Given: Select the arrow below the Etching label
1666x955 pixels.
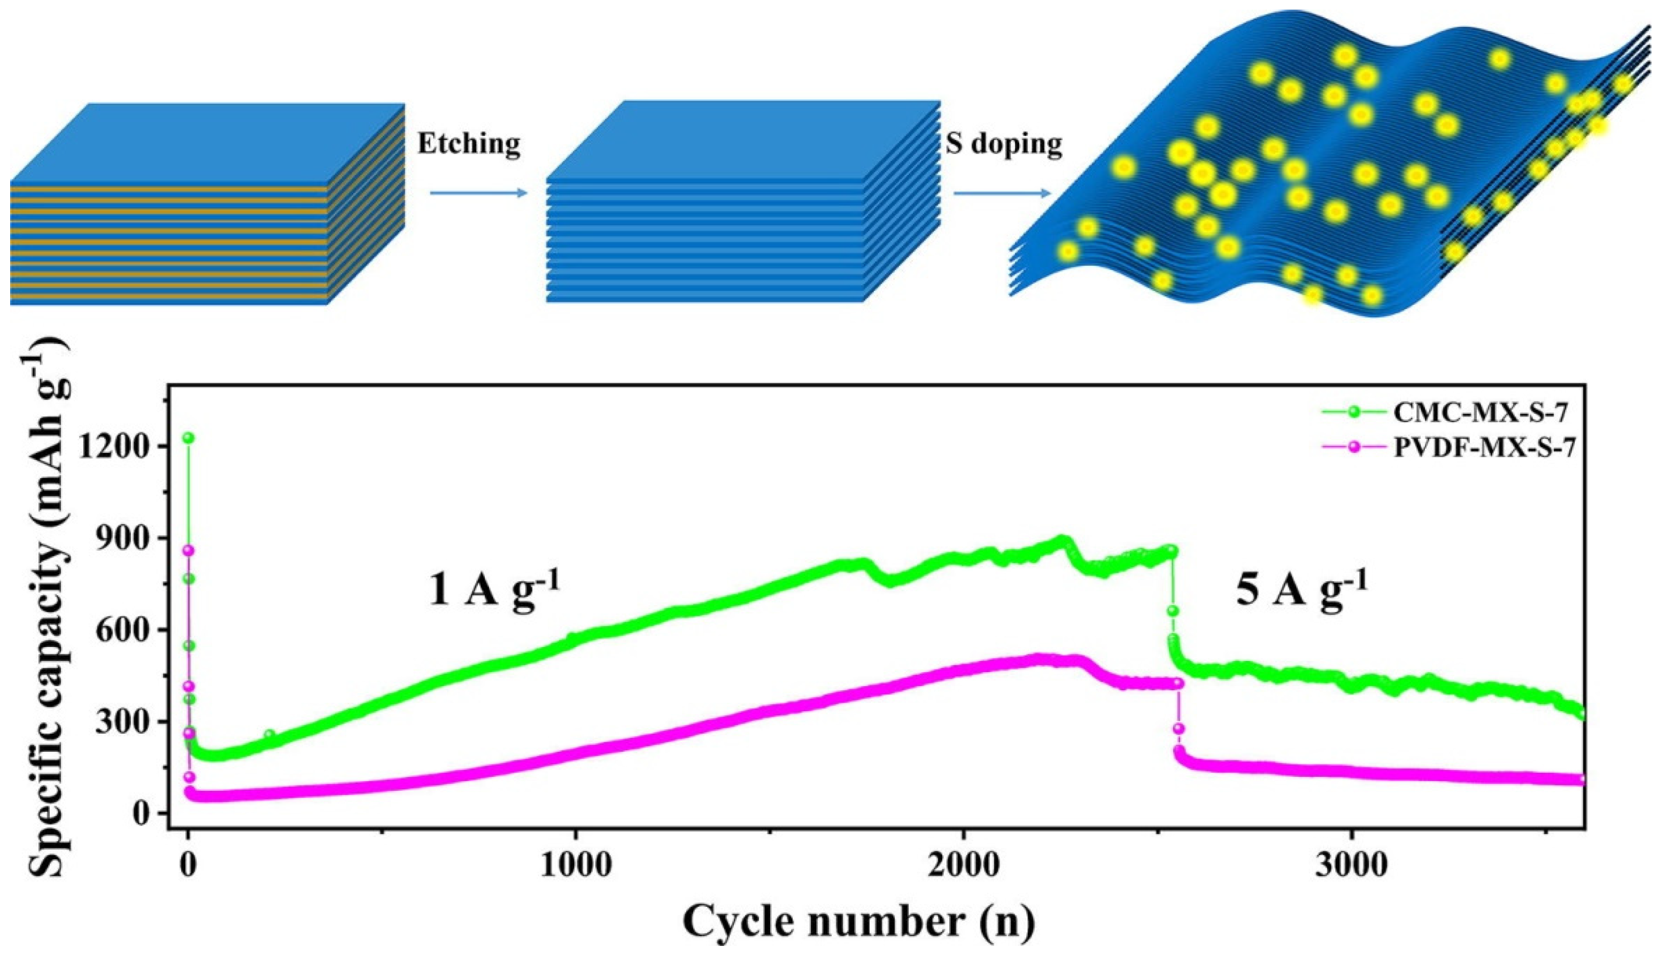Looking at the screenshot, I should point(478,193).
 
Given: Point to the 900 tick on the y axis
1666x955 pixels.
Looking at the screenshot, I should point(131,538).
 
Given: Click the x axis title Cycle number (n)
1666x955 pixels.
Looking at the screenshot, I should point(859,923).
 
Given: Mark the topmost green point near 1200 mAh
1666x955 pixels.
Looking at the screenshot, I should point(188,438).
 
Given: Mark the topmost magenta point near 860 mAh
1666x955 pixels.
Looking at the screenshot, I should point(189,550).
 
